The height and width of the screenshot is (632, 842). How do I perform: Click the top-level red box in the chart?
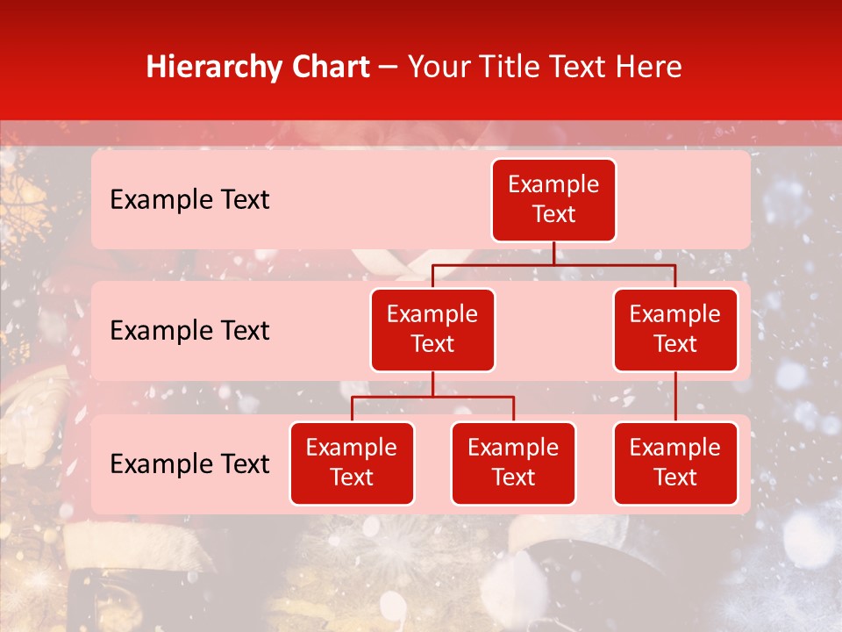pos(553,200)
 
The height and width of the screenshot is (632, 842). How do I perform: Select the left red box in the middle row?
pos(432,329)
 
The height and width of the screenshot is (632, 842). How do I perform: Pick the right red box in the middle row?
pos(675,329)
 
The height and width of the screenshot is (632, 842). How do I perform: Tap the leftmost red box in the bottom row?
pos(352,463)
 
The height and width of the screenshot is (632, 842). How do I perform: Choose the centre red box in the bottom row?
pos(513,463)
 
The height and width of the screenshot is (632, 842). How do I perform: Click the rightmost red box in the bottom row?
pos(675,463)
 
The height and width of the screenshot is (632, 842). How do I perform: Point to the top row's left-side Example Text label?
pos(189,200)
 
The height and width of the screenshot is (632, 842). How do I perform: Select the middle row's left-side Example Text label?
pos(189,331)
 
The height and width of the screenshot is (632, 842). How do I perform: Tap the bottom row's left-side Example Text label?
pos(189,464)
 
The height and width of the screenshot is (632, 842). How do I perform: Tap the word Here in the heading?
pos(647,67)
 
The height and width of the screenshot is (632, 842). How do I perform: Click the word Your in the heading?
pos(440,67)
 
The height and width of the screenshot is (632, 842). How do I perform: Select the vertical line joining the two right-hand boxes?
pos(675,397)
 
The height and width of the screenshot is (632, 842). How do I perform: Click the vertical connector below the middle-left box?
pos(432,384)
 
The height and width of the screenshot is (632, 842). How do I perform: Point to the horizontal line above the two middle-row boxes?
pos(553,264)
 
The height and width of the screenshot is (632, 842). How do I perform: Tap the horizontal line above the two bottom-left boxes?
pos(432,397)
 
